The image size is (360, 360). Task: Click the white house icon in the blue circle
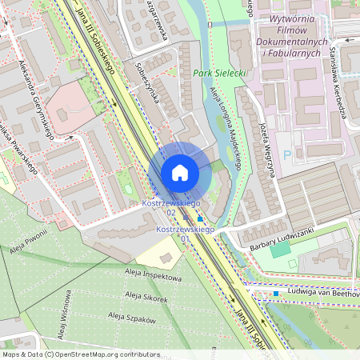[x=180, y=173]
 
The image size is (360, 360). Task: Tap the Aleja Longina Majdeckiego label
[x=226, y=129]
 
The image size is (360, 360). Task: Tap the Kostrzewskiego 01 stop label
[x=185, y=234]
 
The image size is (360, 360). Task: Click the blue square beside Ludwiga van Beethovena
[x=275, y=294]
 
